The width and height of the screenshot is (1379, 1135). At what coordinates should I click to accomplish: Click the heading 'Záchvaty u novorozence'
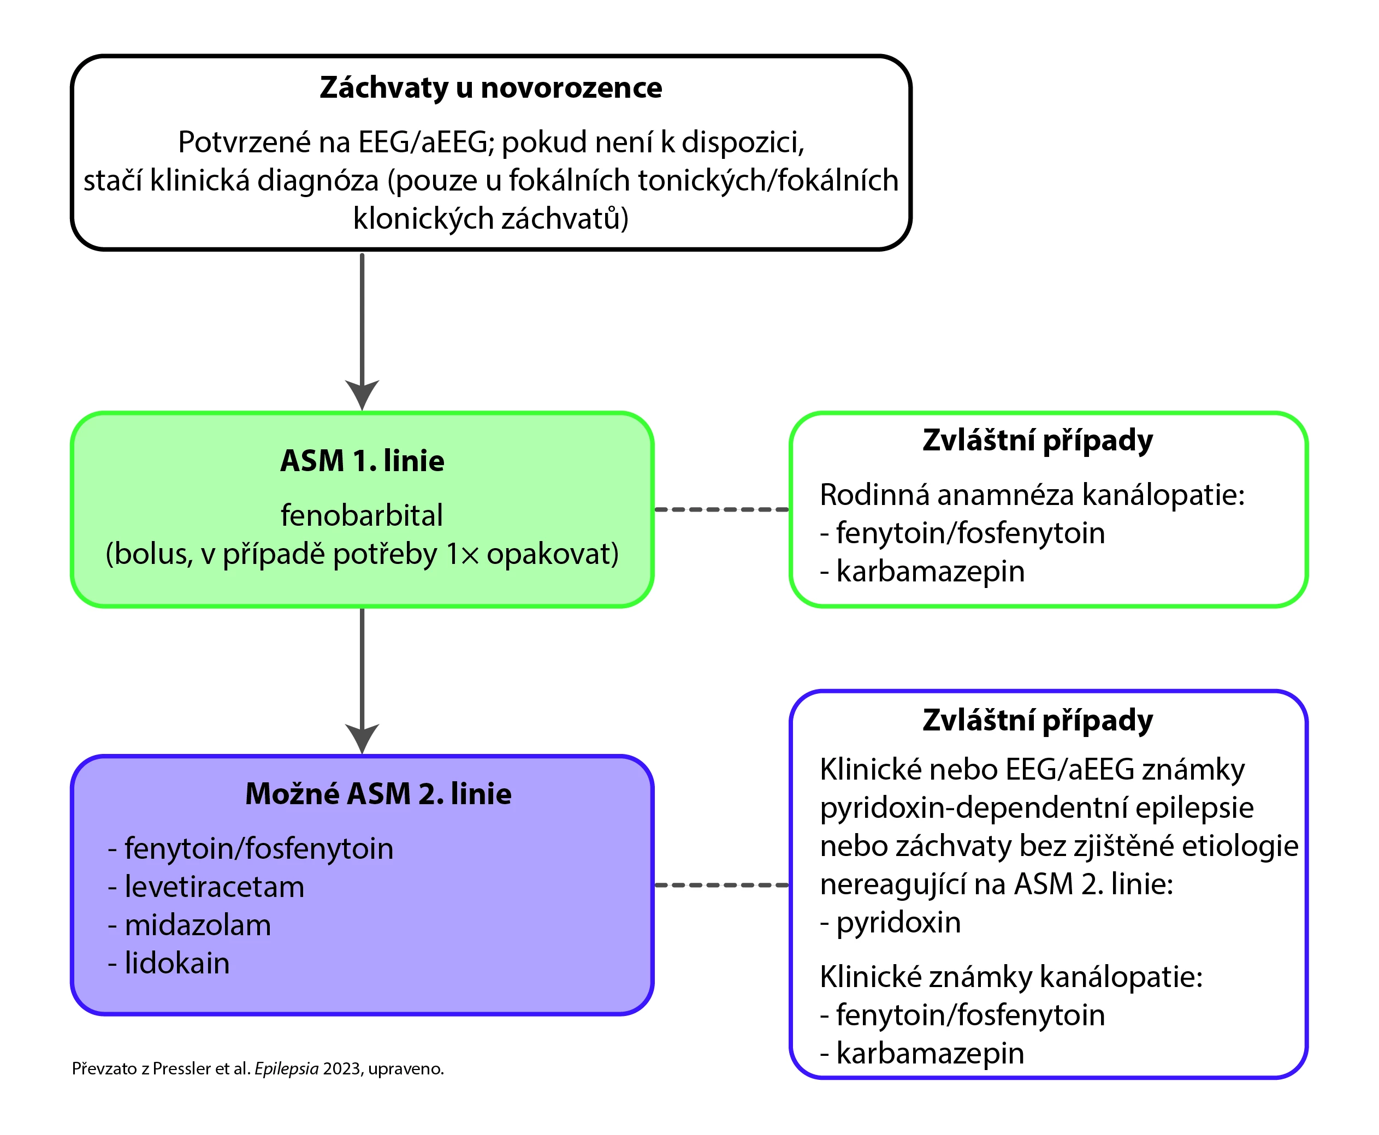(x=490, y=87)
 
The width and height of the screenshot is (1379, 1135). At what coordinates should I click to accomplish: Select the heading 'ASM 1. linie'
(x=362, y=461)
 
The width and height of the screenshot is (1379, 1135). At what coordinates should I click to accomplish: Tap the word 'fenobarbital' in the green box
(x=362, y=515)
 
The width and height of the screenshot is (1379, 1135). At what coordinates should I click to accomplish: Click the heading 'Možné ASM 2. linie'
(x=378, y=794)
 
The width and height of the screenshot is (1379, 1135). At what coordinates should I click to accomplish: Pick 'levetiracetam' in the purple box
(x=214, y=887)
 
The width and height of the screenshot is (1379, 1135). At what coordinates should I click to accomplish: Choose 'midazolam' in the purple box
(x=198, y=925)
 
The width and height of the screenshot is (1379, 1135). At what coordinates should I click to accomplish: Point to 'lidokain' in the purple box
(x=176, y=963)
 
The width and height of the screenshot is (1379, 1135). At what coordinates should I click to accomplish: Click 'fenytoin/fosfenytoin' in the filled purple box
(x=258, y=848)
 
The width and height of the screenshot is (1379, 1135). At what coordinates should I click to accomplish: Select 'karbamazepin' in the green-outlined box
(x=930, y=572)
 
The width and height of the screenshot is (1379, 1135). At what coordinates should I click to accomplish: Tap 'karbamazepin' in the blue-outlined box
(x=930, y=1053)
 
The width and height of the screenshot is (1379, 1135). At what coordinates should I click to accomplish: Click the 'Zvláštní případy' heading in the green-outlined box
(x=1038, y=441)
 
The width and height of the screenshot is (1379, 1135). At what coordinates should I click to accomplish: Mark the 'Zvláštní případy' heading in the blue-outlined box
(x=1038, y=721)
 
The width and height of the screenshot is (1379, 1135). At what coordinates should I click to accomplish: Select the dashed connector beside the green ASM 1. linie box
(x=721, y=509)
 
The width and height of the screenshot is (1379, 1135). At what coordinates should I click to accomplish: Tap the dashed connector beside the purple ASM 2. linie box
(x=721, y=886)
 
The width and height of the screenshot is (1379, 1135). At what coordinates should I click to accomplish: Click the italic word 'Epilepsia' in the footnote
(x=286, y=1068)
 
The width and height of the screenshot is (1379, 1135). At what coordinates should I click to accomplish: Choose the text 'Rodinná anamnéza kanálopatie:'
(x=1032, y=495)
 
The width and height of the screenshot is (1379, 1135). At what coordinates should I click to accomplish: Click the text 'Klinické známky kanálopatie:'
(x=1011, y=977)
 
